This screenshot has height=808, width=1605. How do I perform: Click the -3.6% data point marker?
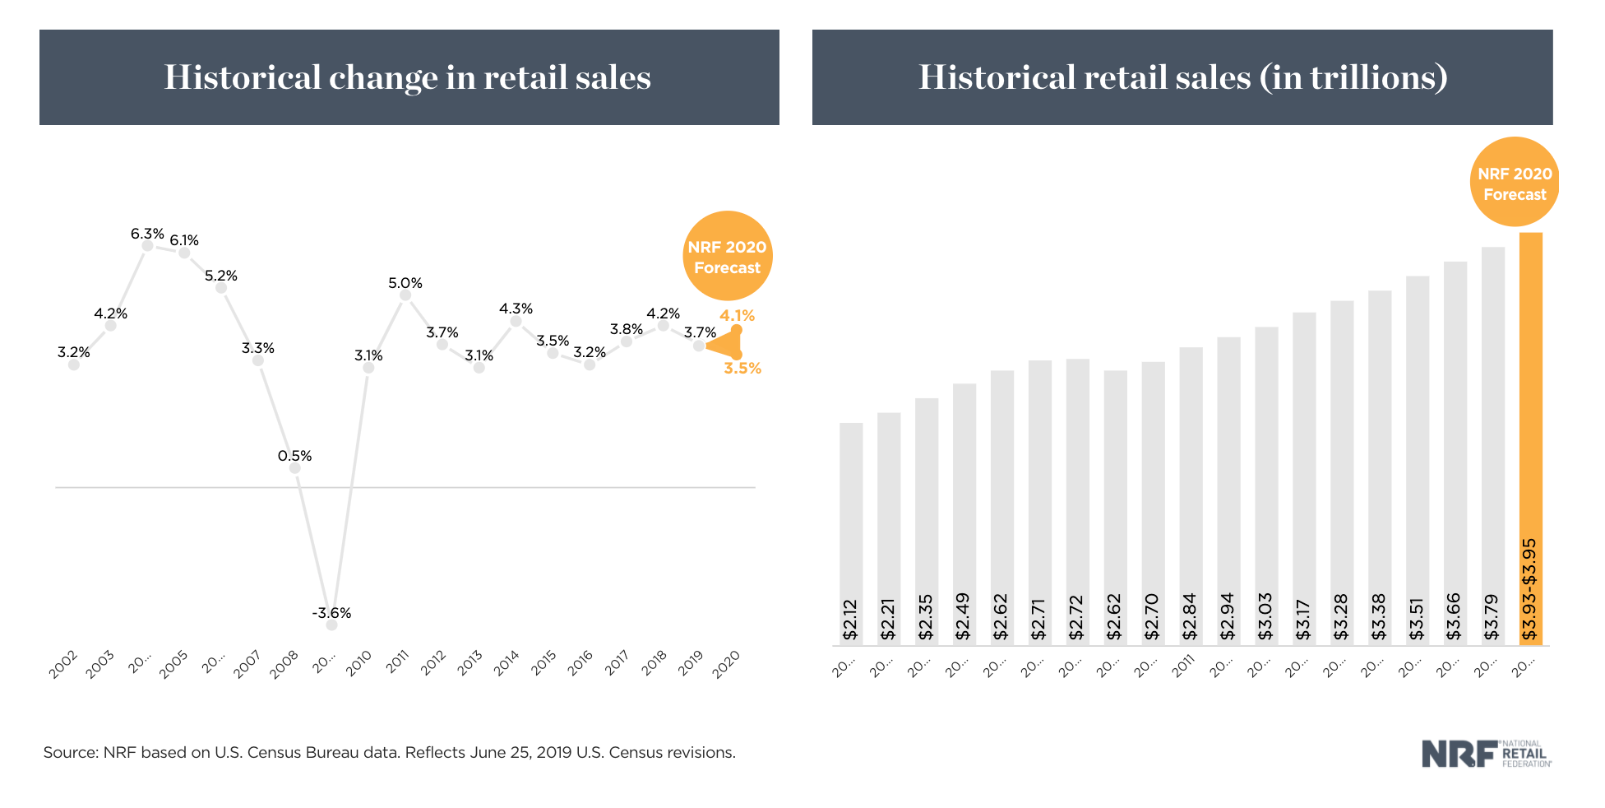coord(331,625)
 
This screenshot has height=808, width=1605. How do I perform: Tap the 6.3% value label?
coord(147,234)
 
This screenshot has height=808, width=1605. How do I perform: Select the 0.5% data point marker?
coord(295,468)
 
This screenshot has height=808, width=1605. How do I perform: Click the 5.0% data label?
coord(405,283)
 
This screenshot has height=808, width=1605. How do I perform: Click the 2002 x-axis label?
coord(63,664)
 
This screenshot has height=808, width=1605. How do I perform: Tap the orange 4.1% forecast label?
coord(737,315)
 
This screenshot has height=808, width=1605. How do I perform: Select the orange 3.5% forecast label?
coord(742,368)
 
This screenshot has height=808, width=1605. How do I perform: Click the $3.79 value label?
coord(1492,617)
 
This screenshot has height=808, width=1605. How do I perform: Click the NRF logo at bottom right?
coord(1486,754)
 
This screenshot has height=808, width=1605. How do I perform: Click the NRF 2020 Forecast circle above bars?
coord(1514,183)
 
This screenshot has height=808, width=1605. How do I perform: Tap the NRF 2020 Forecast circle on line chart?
coord(727,256)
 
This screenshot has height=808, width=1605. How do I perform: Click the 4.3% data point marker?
coord(516,322)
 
